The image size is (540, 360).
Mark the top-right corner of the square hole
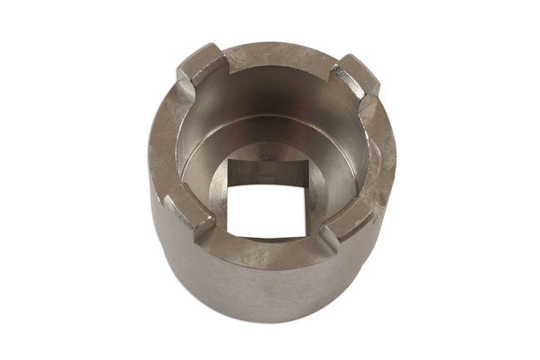[305, 188]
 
